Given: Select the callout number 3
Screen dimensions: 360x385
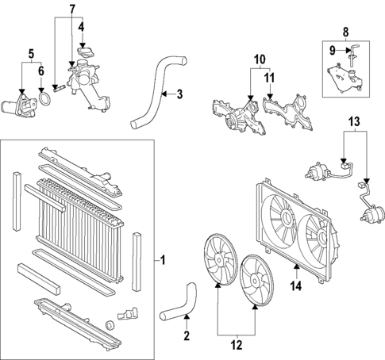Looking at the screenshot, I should tap(179, 95).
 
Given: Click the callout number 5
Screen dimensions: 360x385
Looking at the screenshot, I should tap(30, 54).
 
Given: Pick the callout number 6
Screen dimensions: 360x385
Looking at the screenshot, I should tap(41, 71).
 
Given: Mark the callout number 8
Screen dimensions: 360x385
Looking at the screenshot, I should tap(346, 33).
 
